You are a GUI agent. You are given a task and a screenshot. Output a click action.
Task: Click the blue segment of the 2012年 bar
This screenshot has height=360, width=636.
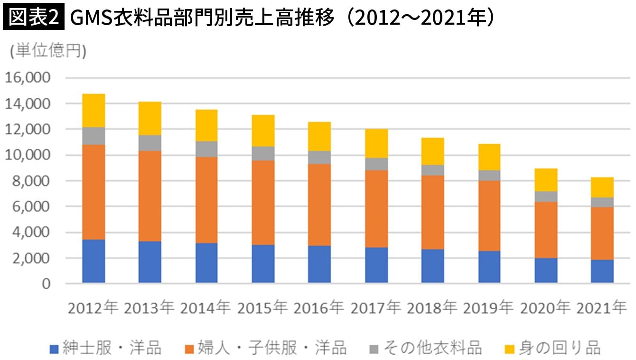[94, 261]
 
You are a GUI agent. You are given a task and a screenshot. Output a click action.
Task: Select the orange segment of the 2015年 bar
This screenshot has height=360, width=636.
[263, 203]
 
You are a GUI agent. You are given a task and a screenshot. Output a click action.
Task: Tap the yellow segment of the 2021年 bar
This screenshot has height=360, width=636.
[602, 187]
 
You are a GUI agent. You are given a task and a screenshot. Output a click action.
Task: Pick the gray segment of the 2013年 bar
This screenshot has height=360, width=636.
[150, 143]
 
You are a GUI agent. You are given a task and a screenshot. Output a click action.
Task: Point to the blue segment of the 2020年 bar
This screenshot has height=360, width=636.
[546, 270]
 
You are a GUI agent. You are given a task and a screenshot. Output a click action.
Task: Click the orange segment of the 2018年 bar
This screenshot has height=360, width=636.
[433, 212]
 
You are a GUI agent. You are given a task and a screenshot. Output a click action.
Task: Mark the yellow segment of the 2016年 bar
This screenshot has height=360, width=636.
[319, 137]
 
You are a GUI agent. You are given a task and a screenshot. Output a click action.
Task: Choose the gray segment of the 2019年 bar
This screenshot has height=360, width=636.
[489, 175]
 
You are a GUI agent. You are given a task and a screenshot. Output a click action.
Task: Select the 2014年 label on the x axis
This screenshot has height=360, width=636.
[206, 308]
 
